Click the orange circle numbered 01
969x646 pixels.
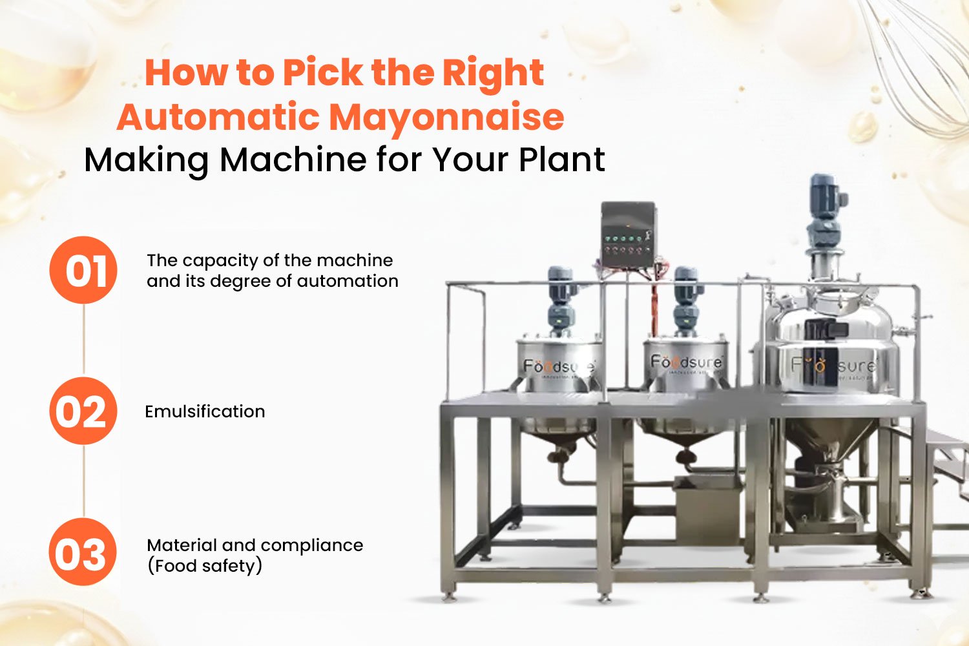[83, 270]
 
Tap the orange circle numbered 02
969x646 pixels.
[83, 411]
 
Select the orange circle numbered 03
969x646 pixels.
[83, 552]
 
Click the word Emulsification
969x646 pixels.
[205, 412]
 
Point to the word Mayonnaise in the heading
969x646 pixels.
[446, 117]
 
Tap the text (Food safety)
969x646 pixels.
[205, 566]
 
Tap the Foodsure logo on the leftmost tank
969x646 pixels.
[558, 367]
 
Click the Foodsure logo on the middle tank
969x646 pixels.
[685, 362]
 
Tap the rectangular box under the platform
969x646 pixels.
[707, 510]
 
